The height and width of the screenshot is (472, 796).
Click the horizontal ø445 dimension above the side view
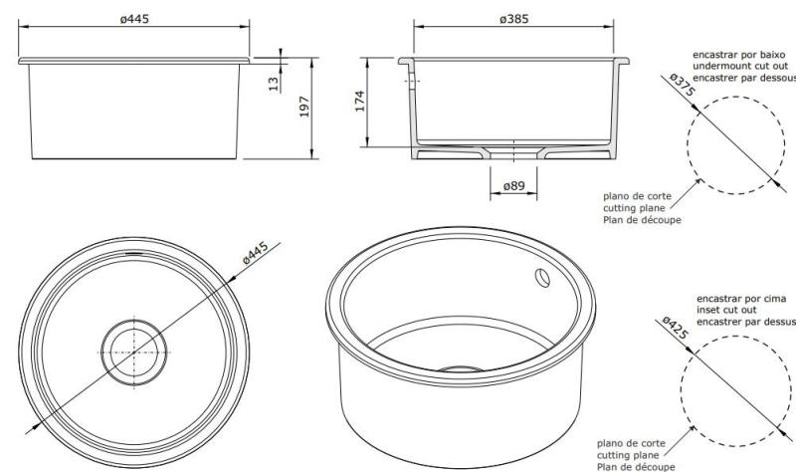pos(134,20)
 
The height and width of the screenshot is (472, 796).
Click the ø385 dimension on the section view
pos(516,20)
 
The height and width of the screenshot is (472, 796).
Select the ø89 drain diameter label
pos(513,185)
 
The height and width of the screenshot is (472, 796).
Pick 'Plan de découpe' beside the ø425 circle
pos(631,463)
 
